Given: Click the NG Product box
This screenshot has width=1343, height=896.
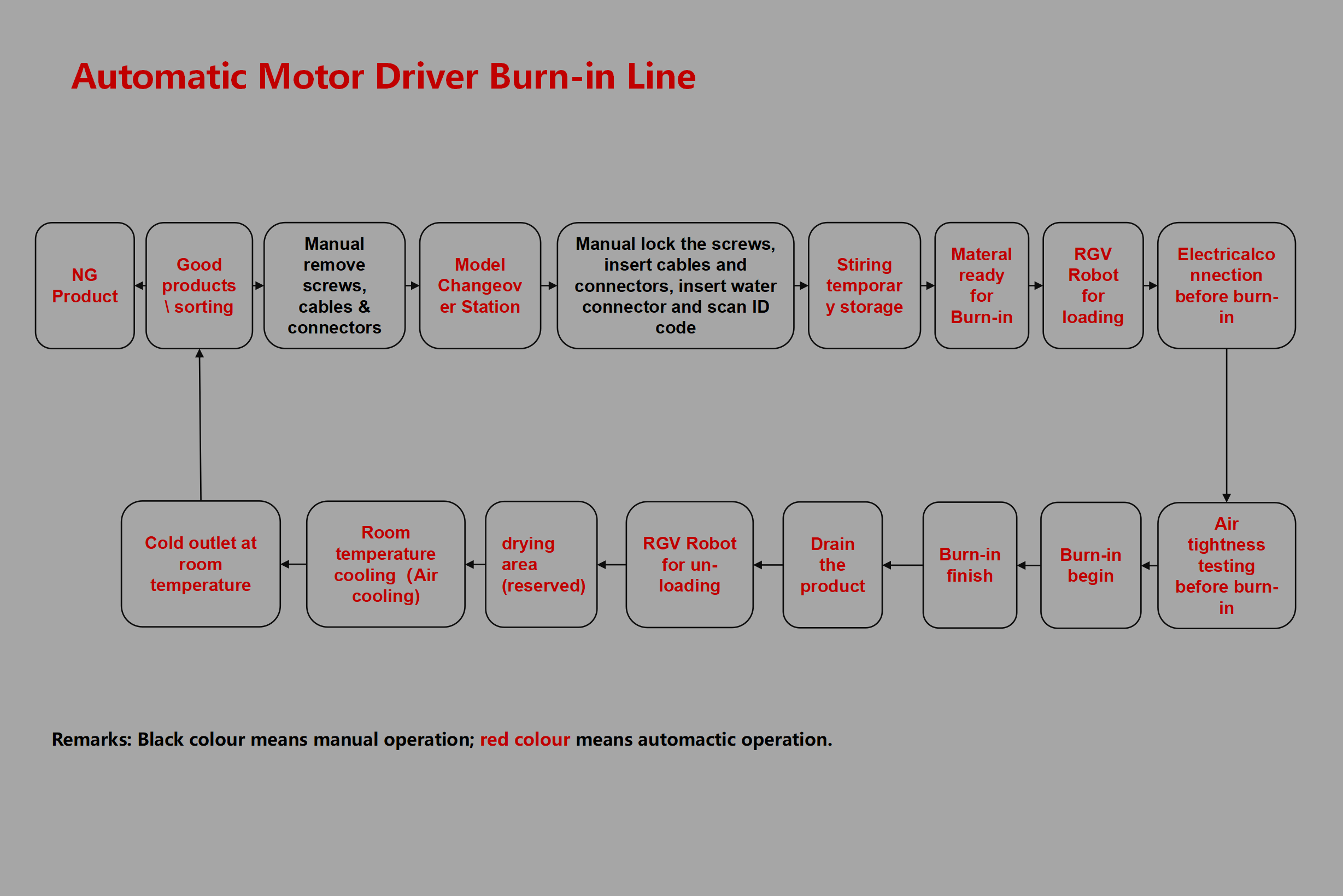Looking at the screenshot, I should coord(85,286).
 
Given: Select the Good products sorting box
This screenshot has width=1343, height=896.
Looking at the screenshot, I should coord(199,286).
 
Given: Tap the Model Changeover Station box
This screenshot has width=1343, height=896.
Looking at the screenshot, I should coord(480,286).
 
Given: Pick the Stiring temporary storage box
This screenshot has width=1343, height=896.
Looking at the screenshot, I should coord(864,286).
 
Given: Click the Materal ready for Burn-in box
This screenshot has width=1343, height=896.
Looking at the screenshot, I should coord(981,286).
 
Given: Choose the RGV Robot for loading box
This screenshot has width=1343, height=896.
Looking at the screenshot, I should coord(1092,286).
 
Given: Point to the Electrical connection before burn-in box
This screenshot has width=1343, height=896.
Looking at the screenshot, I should coord(1226,286).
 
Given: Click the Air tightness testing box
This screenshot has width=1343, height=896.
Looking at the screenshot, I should coord(1226,565).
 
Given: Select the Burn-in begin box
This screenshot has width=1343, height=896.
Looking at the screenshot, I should coord(1090,565).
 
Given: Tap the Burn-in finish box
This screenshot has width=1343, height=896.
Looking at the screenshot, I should coord(970,565).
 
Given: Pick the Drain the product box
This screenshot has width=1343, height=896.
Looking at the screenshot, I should coord(832,565).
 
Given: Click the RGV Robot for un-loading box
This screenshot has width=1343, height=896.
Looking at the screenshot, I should coord(689,565).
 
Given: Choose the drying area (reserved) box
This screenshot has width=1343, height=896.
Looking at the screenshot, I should coord(541,565).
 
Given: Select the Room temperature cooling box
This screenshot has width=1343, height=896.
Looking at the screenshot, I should coord(385,565).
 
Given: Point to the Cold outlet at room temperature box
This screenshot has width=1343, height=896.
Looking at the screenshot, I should coord(201,564).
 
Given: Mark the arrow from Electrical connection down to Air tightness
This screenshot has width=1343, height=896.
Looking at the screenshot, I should coord(1226,425).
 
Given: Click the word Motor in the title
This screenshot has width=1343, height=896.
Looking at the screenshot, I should coord(311,77).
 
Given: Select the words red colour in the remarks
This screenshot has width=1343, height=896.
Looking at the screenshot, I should coord(524,740).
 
